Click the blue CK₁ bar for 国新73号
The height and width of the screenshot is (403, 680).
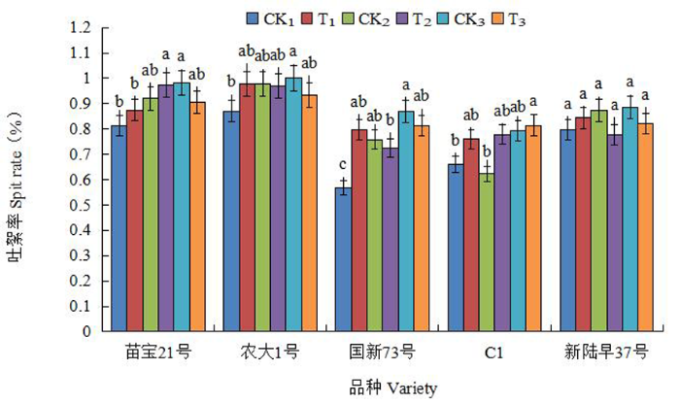point(343,258)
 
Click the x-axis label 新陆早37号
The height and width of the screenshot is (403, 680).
point(607,351)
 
